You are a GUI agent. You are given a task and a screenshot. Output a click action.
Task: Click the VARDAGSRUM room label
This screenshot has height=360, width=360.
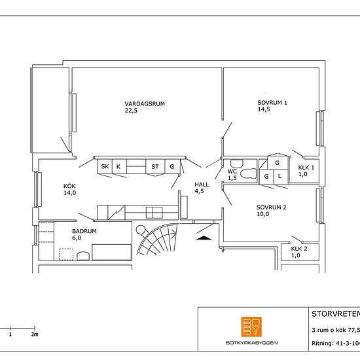tap(145, 104)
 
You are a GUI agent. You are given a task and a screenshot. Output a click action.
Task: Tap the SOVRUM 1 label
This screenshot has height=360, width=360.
tap(272, 103)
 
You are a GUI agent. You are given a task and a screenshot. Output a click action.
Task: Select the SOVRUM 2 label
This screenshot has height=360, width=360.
tap(272, 207)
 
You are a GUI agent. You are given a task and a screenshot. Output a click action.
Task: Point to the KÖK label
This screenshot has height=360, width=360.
tap(69, 186)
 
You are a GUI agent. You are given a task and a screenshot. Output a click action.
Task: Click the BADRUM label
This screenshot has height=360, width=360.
tap(84, 231)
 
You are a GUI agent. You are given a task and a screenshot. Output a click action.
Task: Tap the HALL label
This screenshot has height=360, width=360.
tap(202, 185)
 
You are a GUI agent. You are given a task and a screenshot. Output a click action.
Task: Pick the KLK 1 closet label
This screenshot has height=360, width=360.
tap(306, 168)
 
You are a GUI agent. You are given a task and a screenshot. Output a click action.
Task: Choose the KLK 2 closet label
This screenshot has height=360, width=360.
tap(299, 249)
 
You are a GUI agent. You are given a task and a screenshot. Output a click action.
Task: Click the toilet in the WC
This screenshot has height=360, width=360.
tap(248, 173)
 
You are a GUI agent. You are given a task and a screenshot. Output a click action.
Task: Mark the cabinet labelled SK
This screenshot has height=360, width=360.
tap(105, 166)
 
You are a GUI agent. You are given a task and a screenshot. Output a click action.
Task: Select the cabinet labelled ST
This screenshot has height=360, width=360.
tap(155, 166)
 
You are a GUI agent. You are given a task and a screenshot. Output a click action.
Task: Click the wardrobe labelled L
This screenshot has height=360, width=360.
tap(281, 177)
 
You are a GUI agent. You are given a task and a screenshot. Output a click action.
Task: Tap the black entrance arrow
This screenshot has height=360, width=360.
tap(204, 238)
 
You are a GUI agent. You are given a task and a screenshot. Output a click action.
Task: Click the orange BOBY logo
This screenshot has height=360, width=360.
tap(251, 327)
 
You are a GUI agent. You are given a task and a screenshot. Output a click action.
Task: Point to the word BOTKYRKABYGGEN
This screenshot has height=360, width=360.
tap(251, 343)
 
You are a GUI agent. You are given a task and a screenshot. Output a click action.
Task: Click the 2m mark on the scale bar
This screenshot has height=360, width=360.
tap(35, 334)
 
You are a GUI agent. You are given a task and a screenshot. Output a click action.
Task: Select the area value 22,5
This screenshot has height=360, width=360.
tap(131, 111)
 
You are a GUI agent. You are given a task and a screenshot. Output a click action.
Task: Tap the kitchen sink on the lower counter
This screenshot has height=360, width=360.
tap(154, 213)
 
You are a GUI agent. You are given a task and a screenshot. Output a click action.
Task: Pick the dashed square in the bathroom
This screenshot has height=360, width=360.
tap(66, 255)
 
